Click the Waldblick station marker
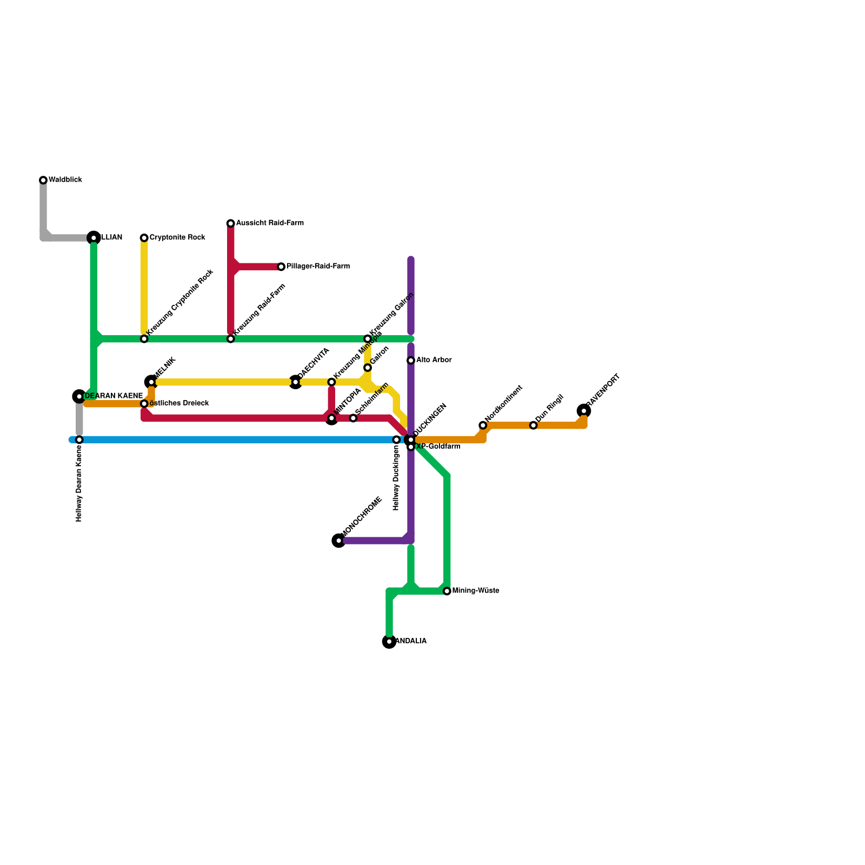tap(43, 180)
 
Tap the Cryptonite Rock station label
tap(177, 238)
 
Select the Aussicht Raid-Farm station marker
tap(231, 223)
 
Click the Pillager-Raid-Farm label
tap(318, 267)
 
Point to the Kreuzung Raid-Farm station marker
tap(231, 339)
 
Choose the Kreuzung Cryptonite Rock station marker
tap(144, 339)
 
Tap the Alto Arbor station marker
tap(411, 361)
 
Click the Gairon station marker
tap(368, 368)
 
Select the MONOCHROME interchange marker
tap(339, 541)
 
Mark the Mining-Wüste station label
tap(476, 591)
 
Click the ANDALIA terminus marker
tap(389, 642)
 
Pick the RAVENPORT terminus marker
tap(584, 411)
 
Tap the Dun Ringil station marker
tap(534, 425)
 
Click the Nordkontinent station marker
tap(483, 425)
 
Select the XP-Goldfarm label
tap(438, 447)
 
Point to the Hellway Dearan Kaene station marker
tap(79, 440)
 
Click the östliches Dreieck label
tap(179, 404)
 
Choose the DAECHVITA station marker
tap(296, 382)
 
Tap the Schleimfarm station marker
tap(353, 418)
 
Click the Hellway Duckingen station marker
tap(396, 440)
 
